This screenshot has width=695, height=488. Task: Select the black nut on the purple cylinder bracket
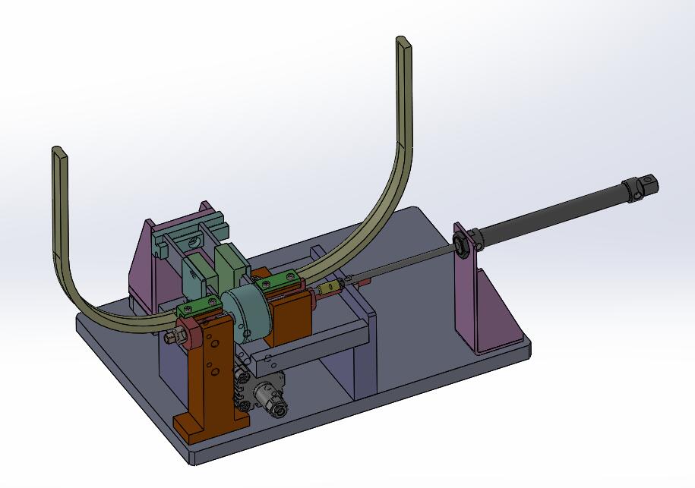[460, 243]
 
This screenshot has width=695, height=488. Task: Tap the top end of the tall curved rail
[406, 46]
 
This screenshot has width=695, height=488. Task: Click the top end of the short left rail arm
[59, 155]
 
